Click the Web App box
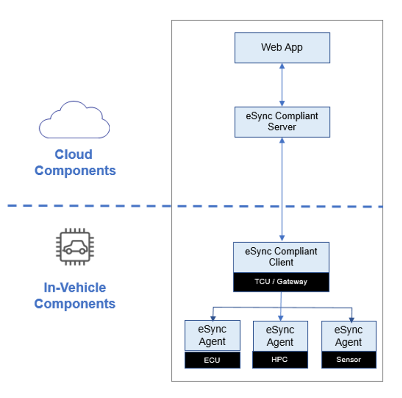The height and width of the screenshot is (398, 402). (x=282, y=48)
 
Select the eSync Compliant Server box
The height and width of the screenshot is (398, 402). (x=282, y=122)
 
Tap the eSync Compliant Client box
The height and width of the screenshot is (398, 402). (x=281, y=257)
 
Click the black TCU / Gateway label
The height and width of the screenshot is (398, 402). (x=281, y=282)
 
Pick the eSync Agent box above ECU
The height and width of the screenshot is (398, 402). (x=212, y=336)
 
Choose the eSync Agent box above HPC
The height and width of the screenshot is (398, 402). (x=280, y=336)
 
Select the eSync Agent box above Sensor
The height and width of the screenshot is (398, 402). (x=349, y=336)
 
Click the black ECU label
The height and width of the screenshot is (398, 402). (x=212, y=360)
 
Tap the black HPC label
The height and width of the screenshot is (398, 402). (x=280, y=360)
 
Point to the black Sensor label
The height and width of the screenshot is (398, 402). (x=349, y=360)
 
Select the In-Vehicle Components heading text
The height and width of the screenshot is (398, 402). (x=75, y=295)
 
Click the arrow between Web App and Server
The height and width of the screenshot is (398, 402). (x=282, y=85)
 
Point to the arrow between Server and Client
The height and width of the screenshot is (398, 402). (x=282, y=188)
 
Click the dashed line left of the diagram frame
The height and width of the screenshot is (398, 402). (x=89, y=206)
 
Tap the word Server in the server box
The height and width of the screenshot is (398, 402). (x=282, y=127)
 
